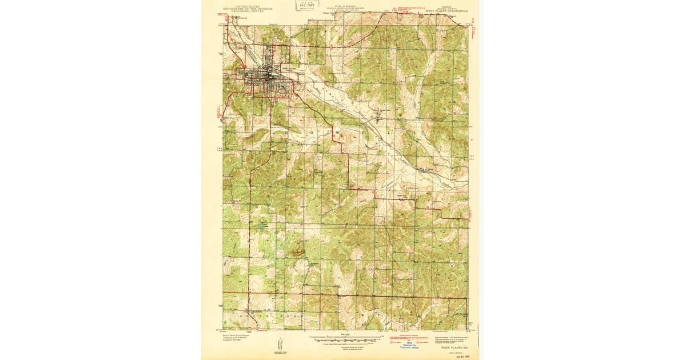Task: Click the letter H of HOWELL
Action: click(286, 131)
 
